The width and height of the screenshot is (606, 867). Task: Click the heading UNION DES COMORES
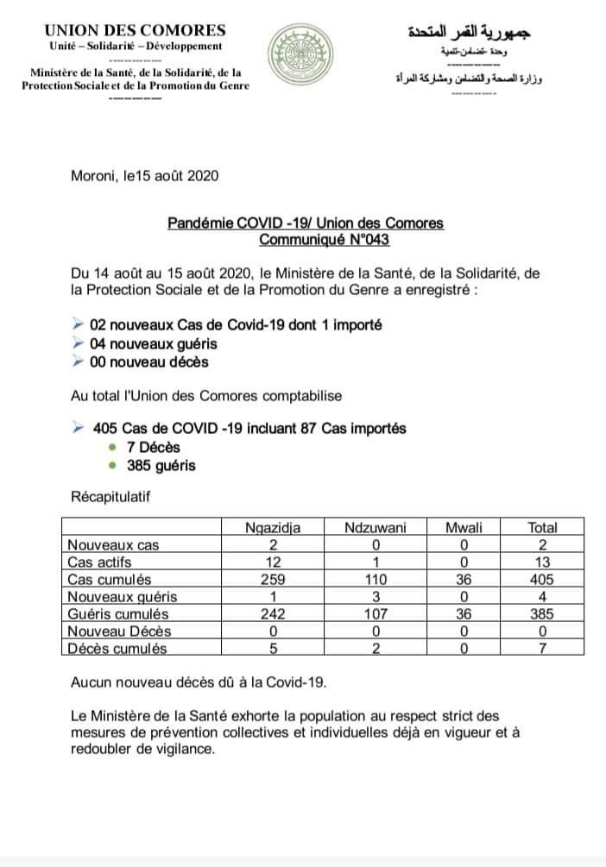136,30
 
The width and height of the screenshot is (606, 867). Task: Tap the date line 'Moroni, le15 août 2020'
145,175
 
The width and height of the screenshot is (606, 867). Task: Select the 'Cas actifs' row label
101,562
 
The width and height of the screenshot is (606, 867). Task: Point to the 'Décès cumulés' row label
117,649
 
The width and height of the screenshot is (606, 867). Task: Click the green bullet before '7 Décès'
113,447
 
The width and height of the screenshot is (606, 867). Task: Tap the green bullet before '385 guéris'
113,465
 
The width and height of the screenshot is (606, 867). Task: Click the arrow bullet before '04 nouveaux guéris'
79,343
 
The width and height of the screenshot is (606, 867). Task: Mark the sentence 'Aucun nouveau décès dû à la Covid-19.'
199,682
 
